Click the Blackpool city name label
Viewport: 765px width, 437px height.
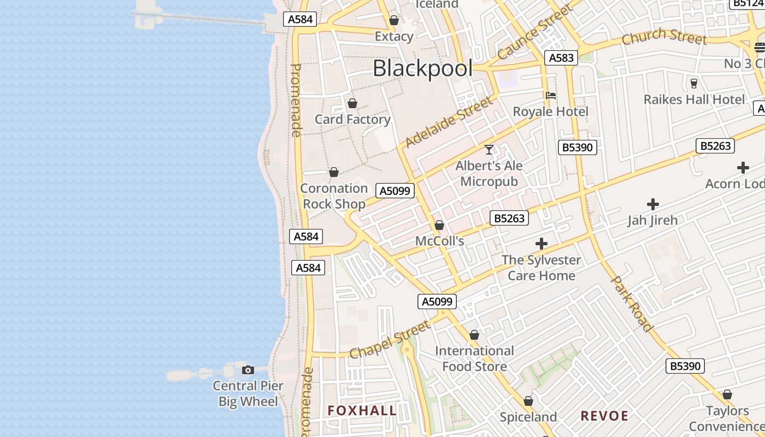point(422,69)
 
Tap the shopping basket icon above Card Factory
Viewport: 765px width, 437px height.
point(352,103)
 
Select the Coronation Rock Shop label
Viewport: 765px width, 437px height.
point(334,196)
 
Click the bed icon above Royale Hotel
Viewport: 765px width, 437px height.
point(551,95)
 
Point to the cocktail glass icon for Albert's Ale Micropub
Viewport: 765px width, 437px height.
point(489,149)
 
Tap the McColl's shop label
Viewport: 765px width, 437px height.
point(440,241)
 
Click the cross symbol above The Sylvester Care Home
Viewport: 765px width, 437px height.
point(542,244)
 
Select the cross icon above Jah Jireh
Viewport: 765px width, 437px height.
point(652,205)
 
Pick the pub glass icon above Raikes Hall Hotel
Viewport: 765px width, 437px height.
point(694,83)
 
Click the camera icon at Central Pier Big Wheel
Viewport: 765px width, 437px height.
point(248,370)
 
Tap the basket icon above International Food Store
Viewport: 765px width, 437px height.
point(474,335)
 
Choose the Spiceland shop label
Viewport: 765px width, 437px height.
point(528,417)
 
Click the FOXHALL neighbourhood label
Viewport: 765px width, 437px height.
point(362,411)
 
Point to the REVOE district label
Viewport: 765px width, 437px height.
point(604,416)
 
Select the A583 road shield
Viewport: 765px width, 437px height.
point(561,58)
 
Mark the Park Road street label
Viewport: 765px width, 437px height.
point(632,304)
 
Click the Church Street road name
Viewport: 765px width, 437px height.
point(664,37)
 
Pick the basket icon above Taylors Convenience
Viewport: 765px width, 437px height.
point(727,394)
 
